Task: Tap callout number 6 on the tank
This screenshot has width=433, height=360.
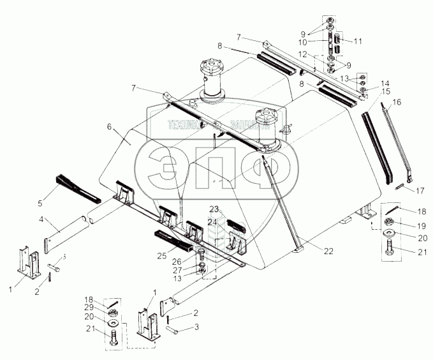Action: (x=110, y=128)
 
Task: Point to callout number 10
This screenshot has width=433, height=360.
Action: (x=311, y=42)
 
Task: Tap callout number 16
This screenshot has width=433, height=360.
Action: (x=397, y=101)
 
